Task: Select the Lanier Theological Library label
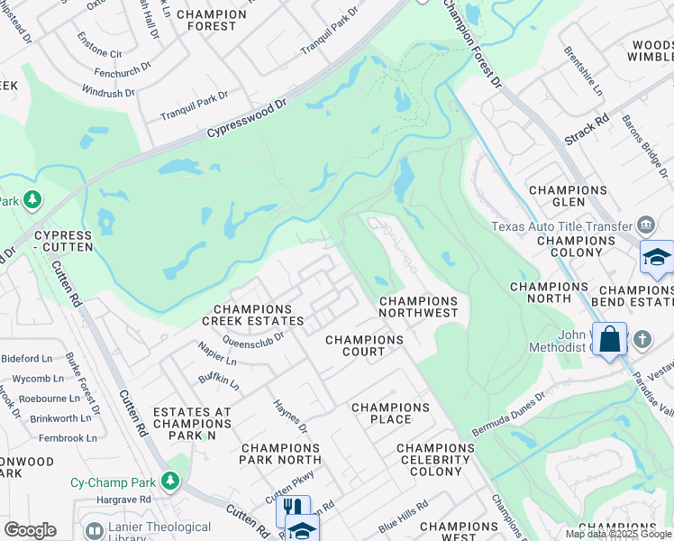pos(159,533)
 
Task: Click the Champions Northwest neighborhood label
pos(418,307)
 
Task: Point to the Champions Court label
pos(364,345)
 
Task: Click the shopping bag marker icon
pos(609,340)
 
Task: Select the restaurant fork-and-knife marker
pos(292,509)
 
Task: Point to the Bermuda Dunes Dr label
pos(510,410)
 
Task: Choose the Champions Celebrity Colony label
pos(434,460)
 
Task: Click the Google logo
pos(30,530)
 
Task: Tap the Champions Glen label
pos(568,197)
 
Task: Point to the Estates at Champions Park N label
pos(192,424)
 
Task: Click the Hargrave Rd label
pos(124,499)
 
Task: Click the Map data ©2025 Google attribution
pos(618,534)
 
